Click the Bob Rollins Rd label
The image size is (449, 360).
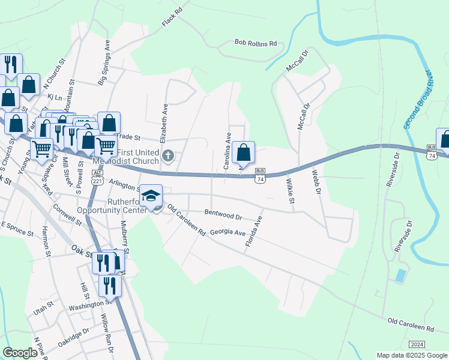256,44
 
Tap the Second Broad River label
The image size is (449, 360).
418,100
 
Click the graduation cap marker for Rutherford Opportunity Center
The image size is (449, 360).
151,195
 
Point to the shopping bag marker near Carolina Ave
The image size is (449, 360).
244,152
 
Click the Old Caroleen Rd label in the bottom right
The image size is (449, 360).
411,325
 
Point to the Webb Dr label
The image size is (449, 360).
318,182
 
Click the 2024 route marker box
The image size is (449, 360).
417,344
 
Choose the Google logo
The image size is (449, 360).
20,352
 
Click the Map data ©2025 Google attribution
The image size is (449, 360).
411,355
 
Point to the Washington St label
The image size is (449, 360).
87,304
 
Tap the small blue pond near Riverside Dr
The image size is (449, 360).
400,276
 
